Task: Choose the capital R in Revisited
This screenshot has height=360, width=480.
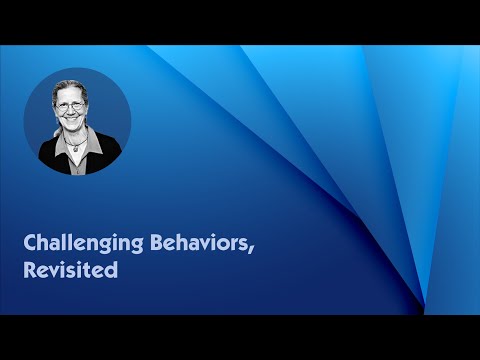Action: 30,269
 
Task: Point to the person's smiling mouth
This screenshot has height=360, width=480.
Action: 77,129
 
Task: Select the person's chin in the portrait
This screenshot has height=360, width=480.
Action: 77,136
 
